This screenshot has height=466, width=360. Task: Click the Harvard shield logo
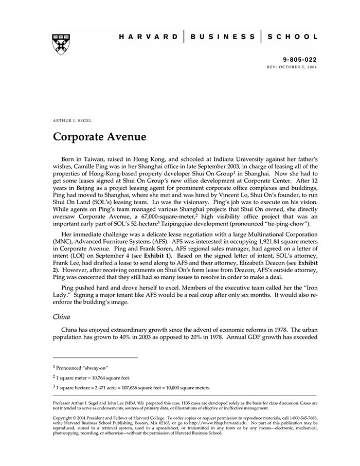coord(61,44)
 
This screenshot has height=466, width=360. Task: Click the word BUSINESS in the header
coord(223,37)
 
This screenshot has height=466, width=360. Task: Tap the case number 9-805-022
coord(300,60)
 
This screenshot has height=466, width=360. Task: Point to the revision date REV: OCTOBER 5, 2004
coord(292,67)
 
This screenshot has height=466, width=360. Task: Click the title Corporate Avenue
coord(100,137)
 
